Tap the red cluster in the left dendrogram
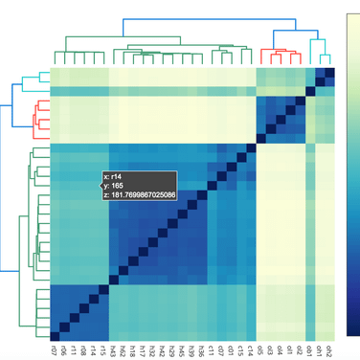point(36,118)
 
